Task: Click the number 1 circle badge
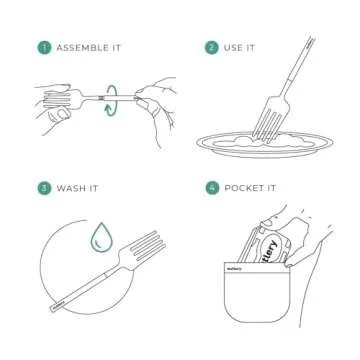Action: [x=43, y=47]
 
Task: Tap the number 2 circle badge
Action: [x=211, y=47]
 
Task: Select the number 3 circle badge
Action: [x=43, y=187]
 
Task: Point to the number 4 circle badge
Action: [x=211, y=187]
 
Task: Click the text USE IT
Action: [x=241, y=47]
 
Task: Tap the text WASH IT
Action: [x=77, y=187]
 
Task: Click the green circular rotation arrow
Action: [x=113, y=98]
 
